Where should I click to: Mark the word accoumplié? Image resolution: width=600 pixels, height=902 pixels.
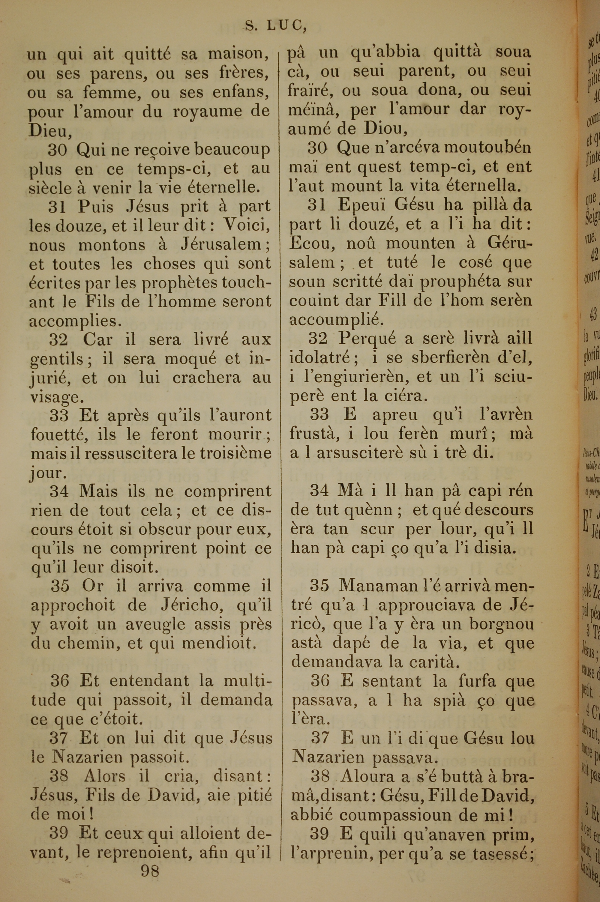point(336,319)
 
